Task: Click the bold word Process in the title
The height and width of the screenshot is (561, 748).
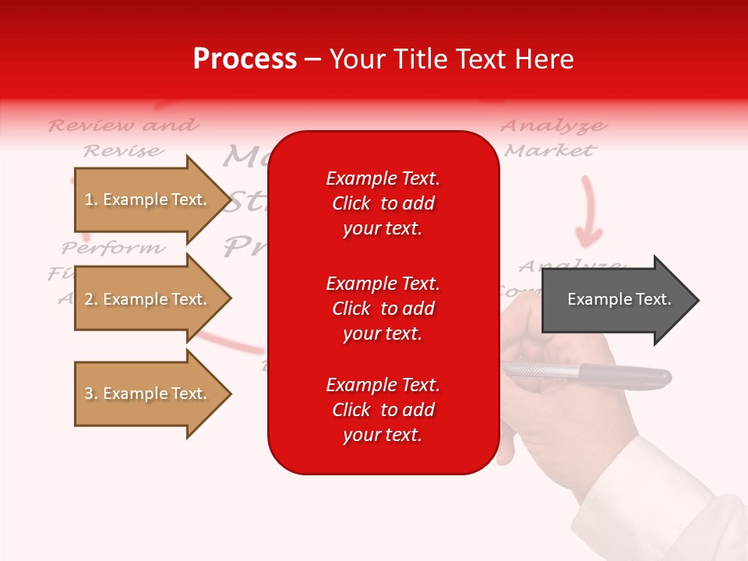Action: [245, 59]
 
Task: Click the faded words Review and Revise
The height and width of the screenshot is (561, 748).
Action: [123, 137]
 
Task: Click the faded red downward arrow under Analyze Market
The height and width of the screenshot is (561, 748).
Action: [588, 210]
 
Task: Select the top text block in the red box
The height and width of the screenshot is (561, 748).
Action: [383, 203]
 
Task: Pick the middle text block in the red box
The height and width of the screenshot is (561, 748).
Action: [383, 309]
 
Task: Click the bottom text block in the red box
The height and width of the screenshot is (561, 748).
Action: [383, 410]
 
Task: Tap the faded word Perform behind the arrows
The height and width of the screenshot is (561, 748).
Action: [114, 249]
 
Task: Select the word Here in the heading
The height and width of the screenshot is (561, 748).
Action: [545, 59]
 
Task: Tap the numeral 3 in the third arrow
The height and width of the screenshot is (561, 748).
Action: [89, 393]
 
